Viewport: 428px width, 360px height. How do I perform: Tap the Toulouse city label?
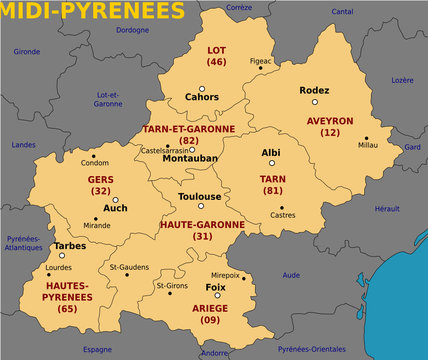click(200, 196)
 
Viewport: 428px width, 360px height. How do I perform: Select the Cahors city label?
click(202, 97)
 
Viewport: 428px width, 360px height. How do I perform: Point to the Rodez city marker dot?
click(314, 102)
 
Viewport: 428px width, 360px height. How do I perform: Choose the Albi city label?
click(270, 153)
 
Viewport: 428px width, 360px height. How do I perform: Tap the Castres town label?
click(283, 214)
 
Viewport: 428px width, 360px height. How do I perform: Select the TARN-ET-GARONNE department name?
click(189, 129)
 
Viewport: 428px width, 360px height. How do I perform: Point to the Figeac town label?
click(260, 60)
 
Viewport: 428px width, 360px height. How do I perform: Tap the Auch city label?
click(115, 208)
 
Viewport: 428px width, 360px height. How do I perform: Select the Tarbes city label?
click(69, 245)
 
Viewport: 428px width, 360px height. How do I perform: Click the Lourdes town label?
click(59, 268)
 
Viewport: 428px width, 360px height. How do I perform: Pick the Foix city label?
click(215, 287)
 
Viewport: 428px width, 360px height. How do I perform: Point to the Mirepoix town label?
click(225, 273)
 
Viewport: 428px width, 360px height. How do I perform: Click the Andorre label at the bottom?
click(214, 352)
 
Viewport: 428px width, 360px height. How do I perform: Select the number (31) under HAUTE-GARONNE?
click(202, 236)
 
